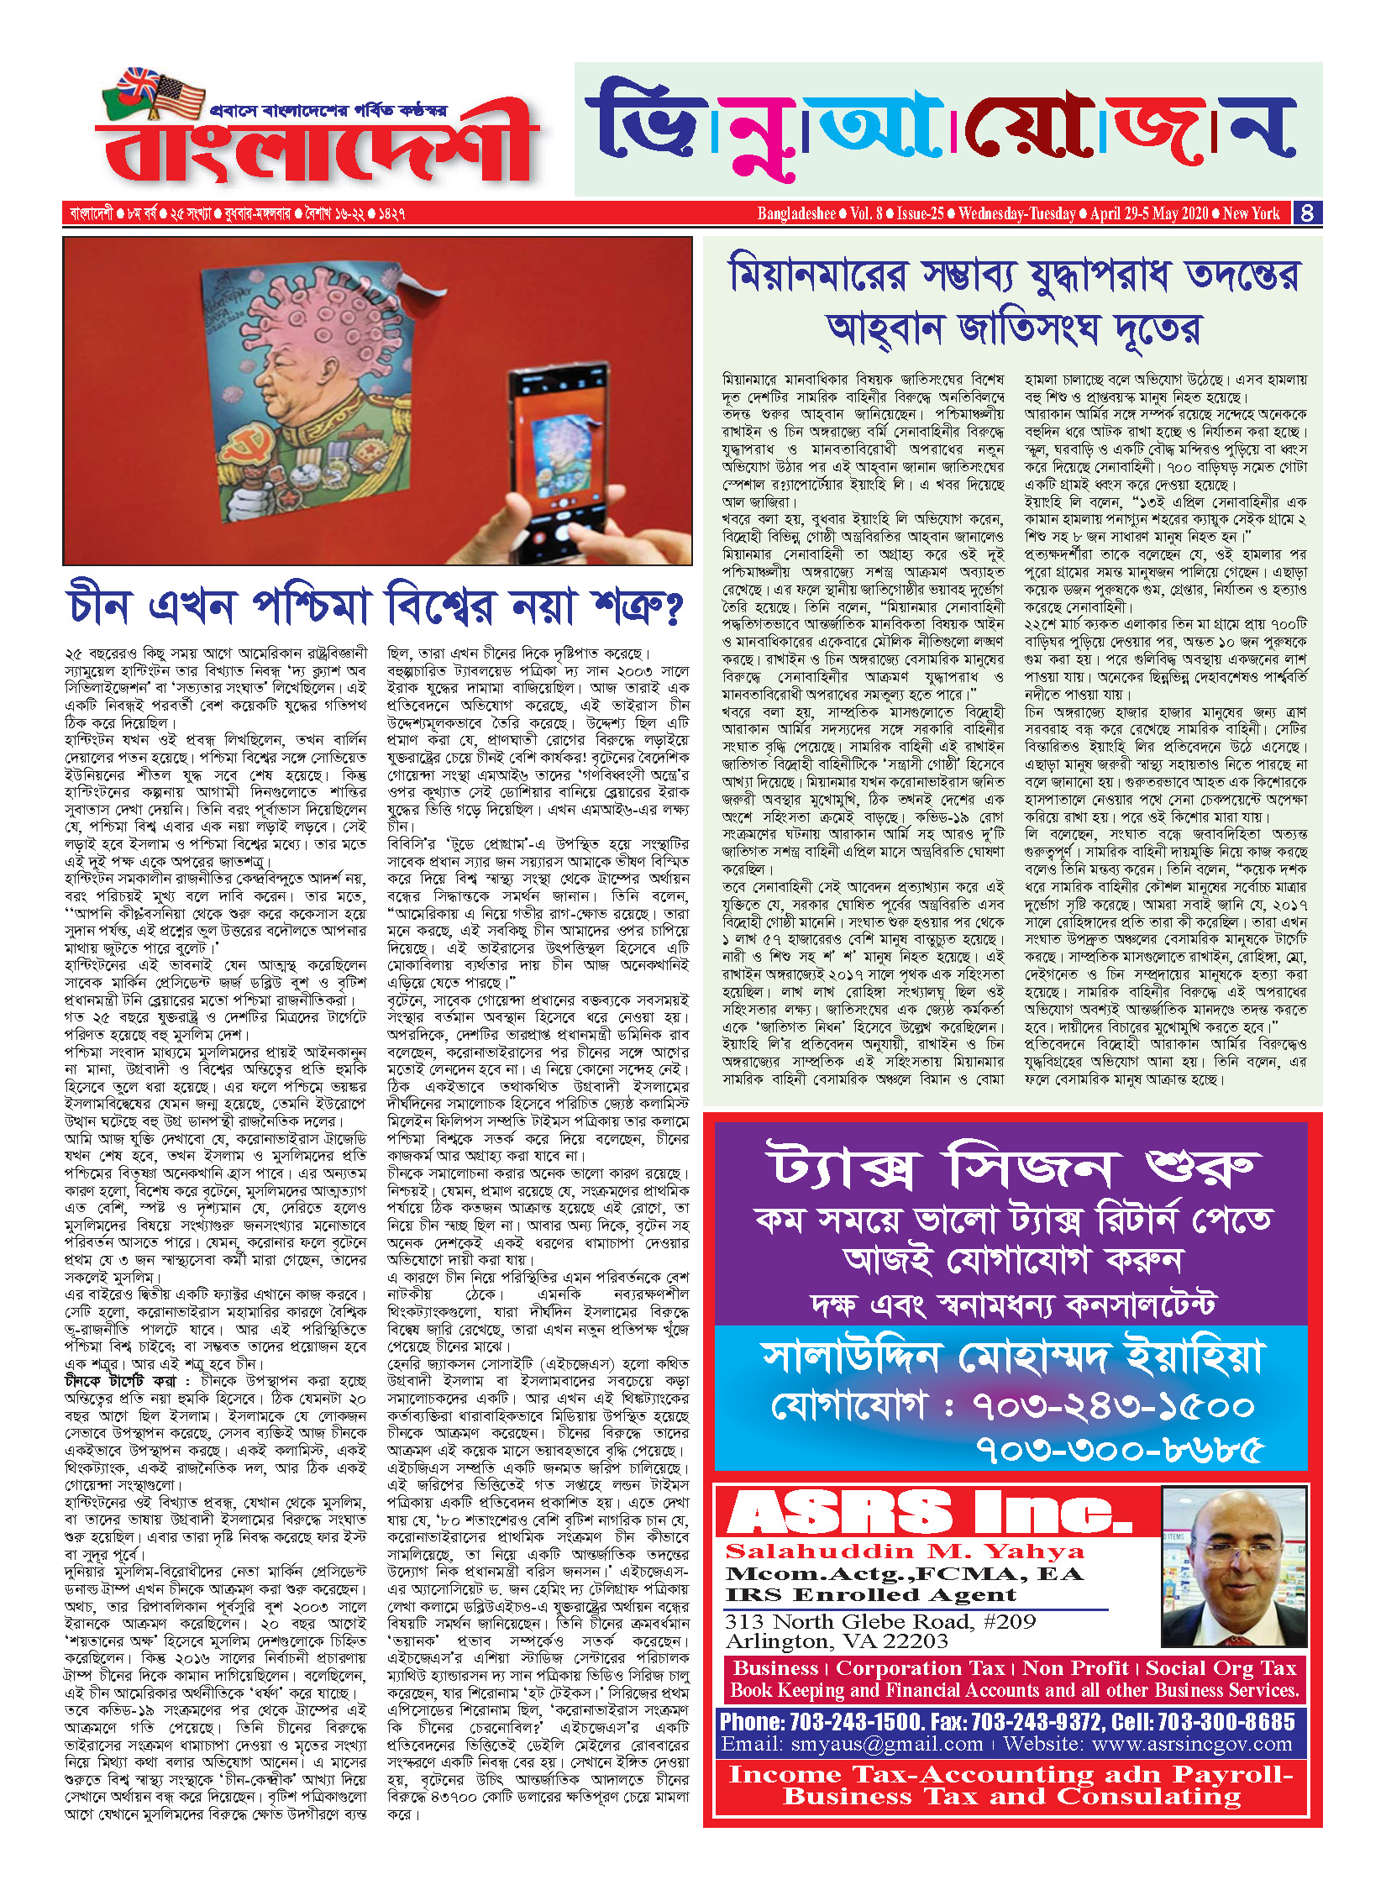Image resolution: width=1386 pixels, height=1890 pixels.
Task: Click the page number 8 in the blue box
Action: (x=1307, y=213)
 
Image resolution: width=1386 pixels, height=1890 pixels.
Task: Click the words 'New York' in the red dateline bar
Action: (x=1251, y=213)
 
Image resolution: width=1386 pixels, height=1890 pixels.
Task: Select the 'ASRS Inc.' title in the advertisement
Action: (x=928, y=1513)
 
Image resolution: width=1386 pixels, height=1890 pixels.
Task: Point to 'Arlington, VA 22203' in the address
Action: (x=837, y=1641)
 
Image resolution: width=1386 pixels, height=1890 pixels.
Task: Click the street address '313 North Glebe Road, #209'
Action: (x=880, y=1621)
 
